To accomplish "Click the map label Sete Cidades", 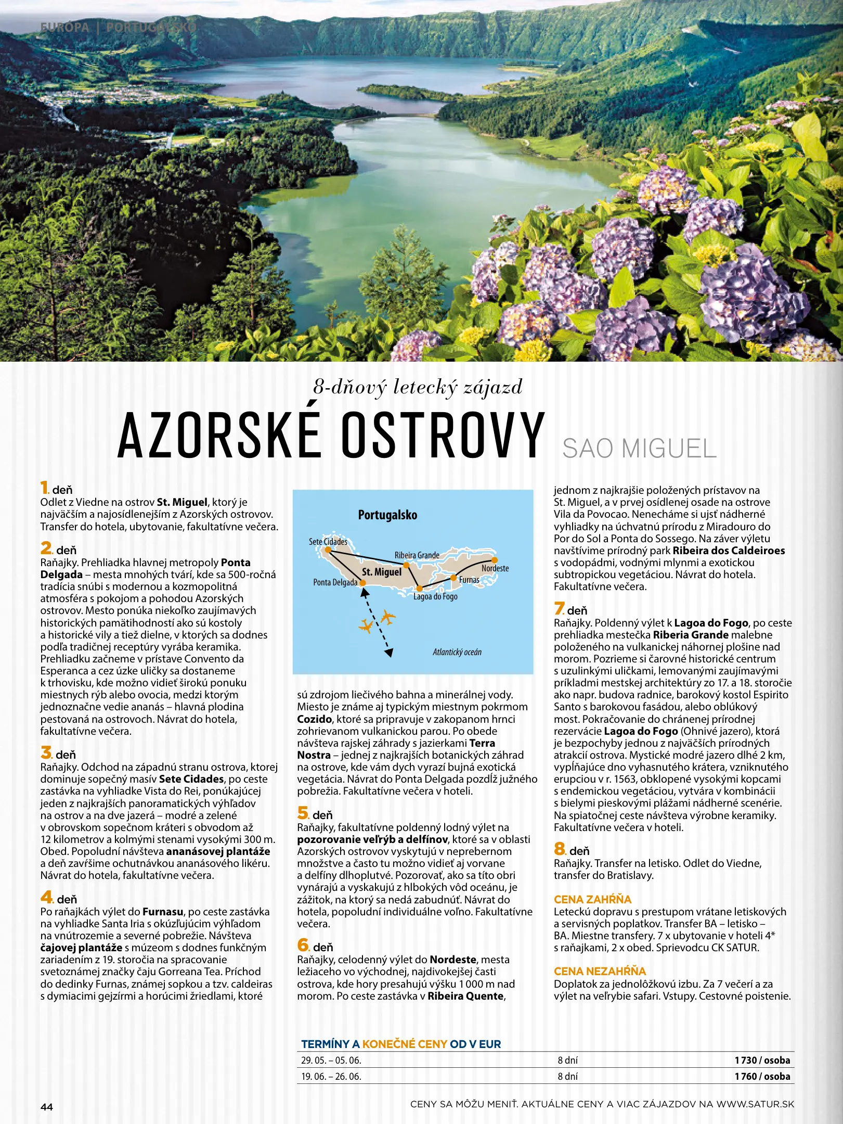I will point(328,542).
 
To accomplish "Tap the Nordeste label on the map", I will point(495,568).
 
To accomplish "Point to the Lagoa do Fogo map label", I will point(435,596).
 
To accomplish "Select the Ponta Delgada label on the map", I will point(335,582).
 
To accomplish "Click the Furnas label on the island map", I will point(469,580).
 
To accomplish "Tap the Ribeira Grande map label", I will point(417,555).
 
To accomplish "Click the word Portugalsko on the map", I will point(387,515).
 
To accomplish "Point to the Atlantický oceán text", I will point(457,652).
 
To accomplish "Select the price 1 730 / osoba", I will point(762,1060).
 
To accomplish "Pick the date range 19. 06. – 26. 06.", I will point(331,1076).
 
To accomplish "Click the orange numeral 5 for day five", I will point(303,813).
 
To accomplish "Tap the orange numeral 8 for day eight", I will point(559,849).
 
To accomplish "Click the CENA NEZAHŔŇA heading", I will point(600,971).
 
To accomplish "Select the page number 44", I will point(47,1107).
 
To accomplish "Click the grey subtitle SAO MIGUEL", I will point(639,449).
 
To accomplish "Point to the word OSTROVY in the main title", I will point(442,435).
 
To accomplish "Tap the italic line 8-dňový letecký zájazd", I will point(418,387).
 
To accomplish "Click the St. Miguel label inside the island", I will point(382,572).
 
